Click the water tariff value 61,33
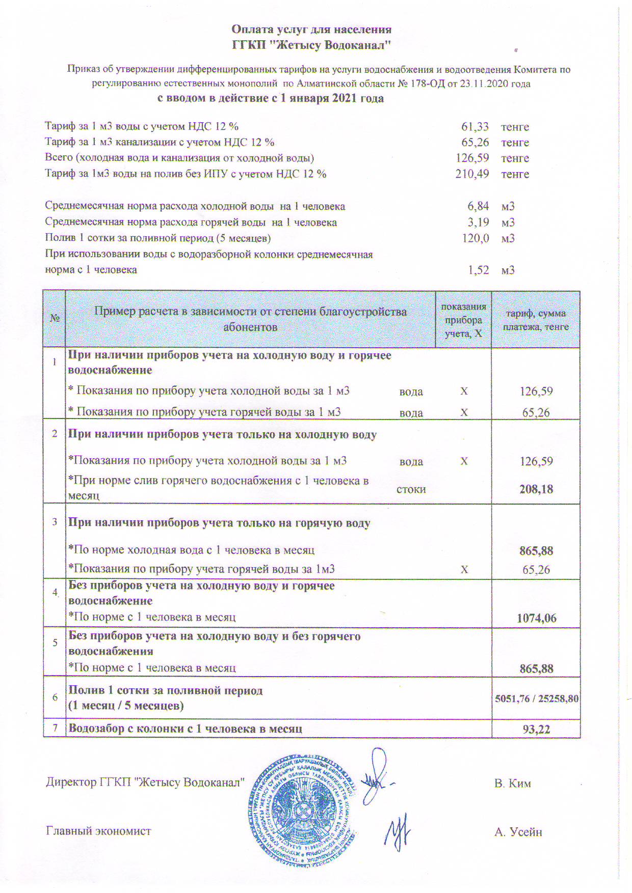click(x=475, y=126)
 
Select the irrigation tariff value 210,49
click(x=472, y=174)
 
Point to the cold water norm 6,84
click(x=478, y=206)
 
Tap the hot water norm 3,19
click(x=478, y=222)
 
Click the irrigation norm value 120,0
click(x=475, y=238)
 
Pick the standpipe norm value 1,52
click(x=478, y=270)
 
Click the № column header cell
click(x=55, y=319)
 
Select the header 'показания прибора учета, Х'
click(x=463, y=320)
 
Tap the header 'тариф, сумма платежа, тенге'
click(x=536, y=320)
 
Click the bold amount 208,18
click(x=536, y=489)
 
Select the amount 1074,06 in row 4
click(x=536, y=618)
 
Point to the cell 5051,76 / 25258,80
click(x=536, y=699)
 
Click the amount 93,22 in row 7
click(x=536, y=729)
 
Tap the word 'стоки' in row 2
click(x=411, y=489)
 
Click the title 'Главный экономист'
click(x=98, y=831)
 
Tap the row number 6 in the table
click(x=55, y=697)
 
